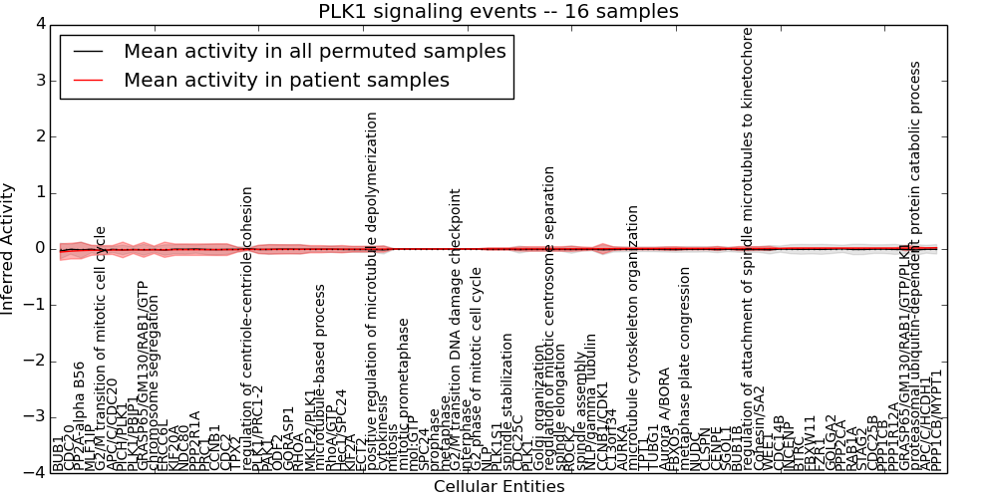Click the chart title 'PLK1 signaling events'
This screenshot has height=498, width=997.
click(498, 11)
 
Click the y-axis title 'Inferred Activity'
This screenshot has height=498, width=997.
click(9, 248)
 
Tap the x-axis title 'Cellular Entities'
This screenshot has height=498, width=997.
click(498, 487)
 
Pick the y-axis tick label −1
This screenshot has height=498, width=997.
click(36, 305)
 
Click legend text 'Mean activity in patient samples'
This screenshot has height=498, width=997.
click(286, 80)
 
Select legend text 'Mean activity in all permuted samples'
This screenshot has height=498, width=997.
click(314, 51)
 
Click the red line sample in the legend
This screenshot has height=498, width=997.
click(88, 80)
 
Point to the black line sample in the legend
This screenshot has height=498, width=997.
click(88, 51)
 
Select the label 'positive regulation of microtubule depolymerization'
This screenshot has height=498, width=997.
click(373, 288)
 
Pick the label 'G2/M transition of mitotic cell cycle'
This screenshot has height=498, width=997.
click(100, 344)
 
